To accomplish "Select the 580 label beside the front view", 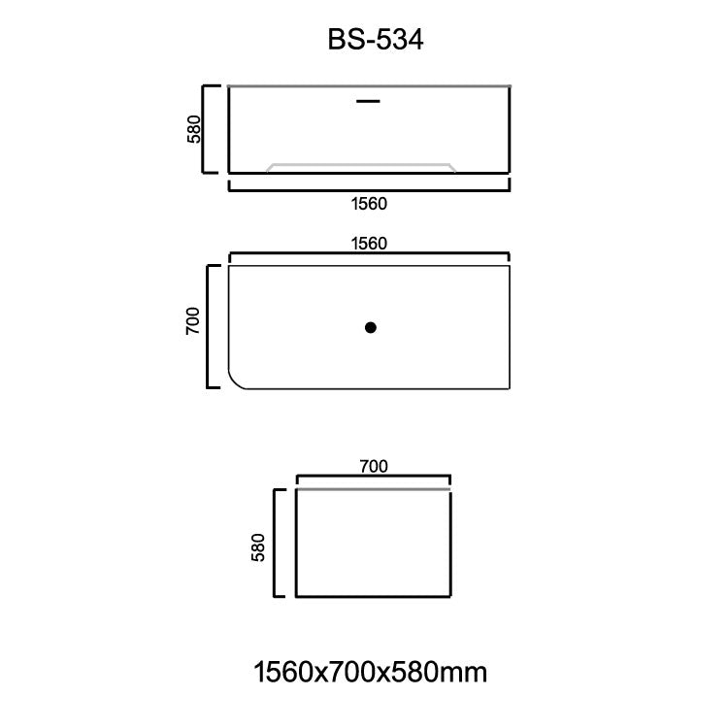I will click(x=194, y=129).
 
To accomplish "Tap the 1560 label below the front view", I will click(x=369, y=204).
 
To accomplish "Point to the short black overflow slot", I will click(x=369, y=99).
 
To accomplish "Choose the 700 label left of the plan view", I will click(x=192, y=320).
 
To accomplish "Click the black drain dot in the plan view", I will click(x=370, y=328).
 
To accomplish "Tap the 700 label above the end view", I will click(x=373, y=466).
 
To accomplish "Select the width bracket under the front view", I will click(x=369, y=187).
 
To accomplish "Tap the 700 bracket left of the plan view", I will click(x=211, y=325).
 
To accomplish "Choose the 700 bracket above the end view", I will click(x=373, y=478).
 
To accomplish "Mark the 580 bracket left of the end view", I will click(x=278, y=544).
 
